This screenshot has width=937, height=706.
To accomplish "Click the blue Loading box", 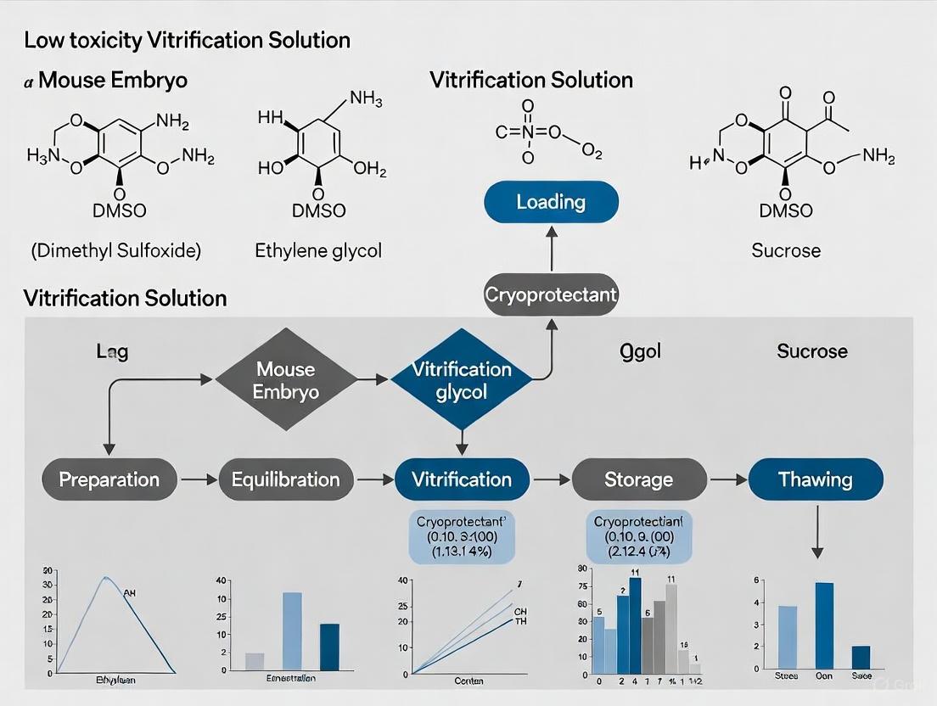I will pyautogui.click(x=551, y=202).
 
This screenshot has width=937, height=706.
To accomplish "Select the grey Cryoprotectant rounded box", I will pyautogui.click(x=551, y=295).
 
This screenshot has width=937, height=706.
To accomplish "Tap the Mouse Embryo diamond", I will pyautogui.click(x=286, y=379).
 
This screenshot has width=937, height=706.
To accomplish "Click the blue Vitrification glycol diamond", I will pyautogui.click(x=462, y=379).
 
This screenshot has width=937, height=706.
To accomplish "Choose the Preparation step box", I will pyautogui.click(x=109, y=479).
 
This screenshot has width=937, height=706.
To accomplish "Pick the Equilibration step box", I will pyautogui.click(x=285, y=479).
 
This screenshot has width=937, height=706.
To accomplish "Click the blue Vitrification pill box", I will pyautogui.click(x=462, y=479).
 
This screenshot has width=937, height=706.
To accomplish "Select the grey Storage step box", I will pyautogui.click(x=638, y=479).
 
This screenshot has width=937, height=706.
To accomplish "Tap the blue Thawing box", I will pyautogui.click(x=816, y=479).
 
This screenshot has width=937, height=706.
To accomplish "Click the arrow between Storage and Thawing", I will pyautogui.click(x=727, y=480).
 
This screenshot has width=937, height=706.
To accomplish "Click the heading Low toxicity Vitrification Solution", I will pyautogui.click(x=187, y=40).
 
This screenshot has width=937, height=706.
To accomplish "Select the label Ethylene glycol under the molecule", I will pyautogui.click(x=318, y=250).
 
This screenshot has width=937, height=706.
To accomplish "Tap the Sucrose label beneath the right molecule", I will pyautogui.click(x=786, y=250).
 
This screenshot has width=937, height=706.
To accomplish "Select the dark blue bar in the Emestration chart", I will pyautogui.click(x=328, y=647).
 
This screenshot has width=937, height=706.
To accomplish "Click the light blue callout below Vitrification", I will pyautogui.click(x=462, y=537).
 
